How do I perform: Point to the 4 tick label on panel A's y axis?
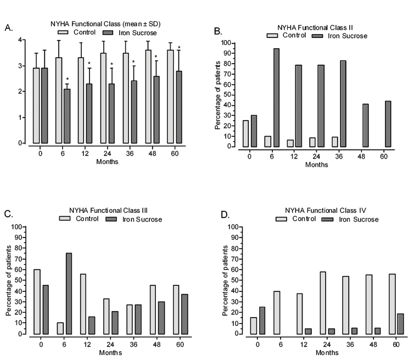pyautogui.click(x=20, y=40)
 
